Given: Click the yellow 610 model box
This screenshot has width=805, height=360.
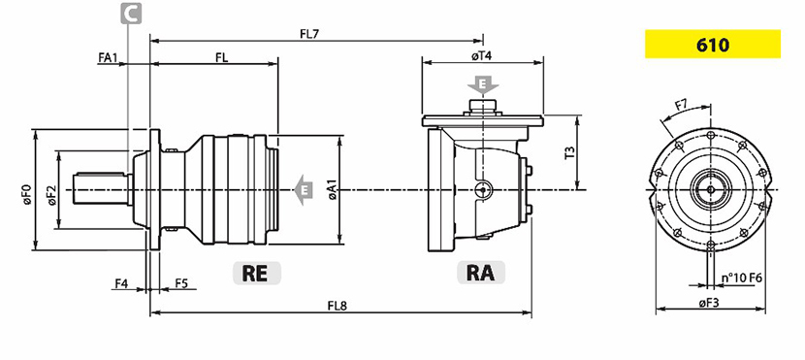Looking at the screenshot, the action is [x=713, y=45].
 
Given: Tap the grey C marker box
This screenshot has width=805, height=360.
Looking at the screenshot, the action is [x=131, y=14].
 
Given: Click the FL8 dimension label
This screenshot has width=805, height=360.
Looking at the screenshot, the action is [x=338, y=306].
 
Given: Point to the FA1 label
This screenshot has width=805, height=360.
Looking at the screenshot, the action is [x=109, y=57].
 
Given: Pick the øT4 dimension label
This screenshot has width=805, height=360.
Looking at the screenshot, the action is [x=482, y=56].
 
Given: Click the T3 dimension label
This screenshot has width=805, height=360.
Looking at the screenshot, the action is [x=569, y=153].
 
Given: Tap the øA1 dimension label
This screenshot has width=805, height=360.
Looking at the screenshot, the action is [x=333, y=190].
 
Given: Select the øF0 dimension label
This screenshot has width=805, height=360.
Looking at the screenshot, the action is [x=27, y=195].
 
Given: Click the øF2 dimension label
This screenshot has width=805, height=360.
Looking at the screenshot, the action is [x=51, y=195].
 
